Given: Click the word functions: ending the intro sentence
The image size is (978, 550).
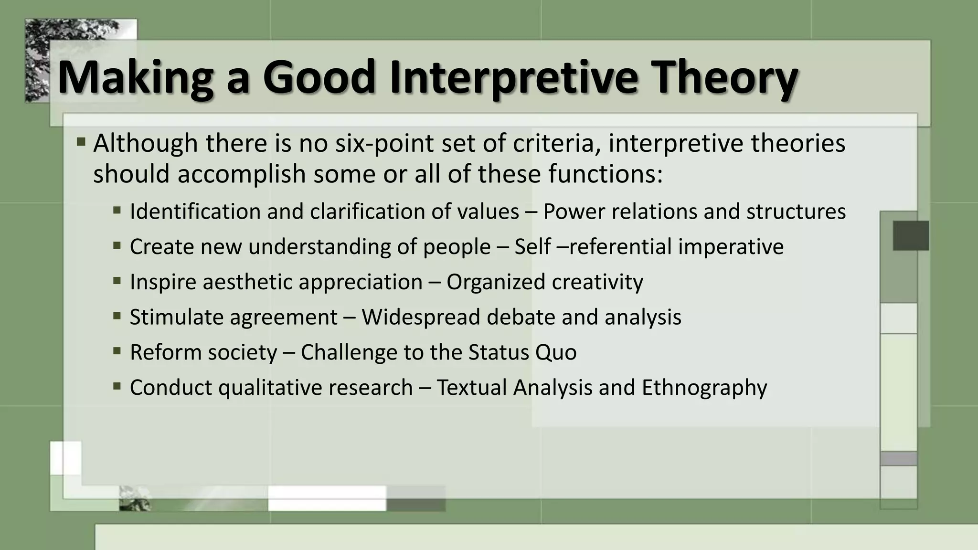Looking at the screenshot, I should coord(606,173).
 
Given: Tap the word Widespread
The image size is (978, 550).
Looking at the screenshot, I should coord(420,317).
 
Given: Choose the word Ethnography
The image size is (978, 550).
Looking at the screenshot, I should coord(704,387).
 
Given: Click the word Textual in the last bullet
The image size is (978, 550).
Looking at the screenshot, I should coord(472,387).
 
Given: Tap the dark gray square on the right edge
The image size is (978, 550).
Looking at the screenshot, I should coord(911,235).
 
